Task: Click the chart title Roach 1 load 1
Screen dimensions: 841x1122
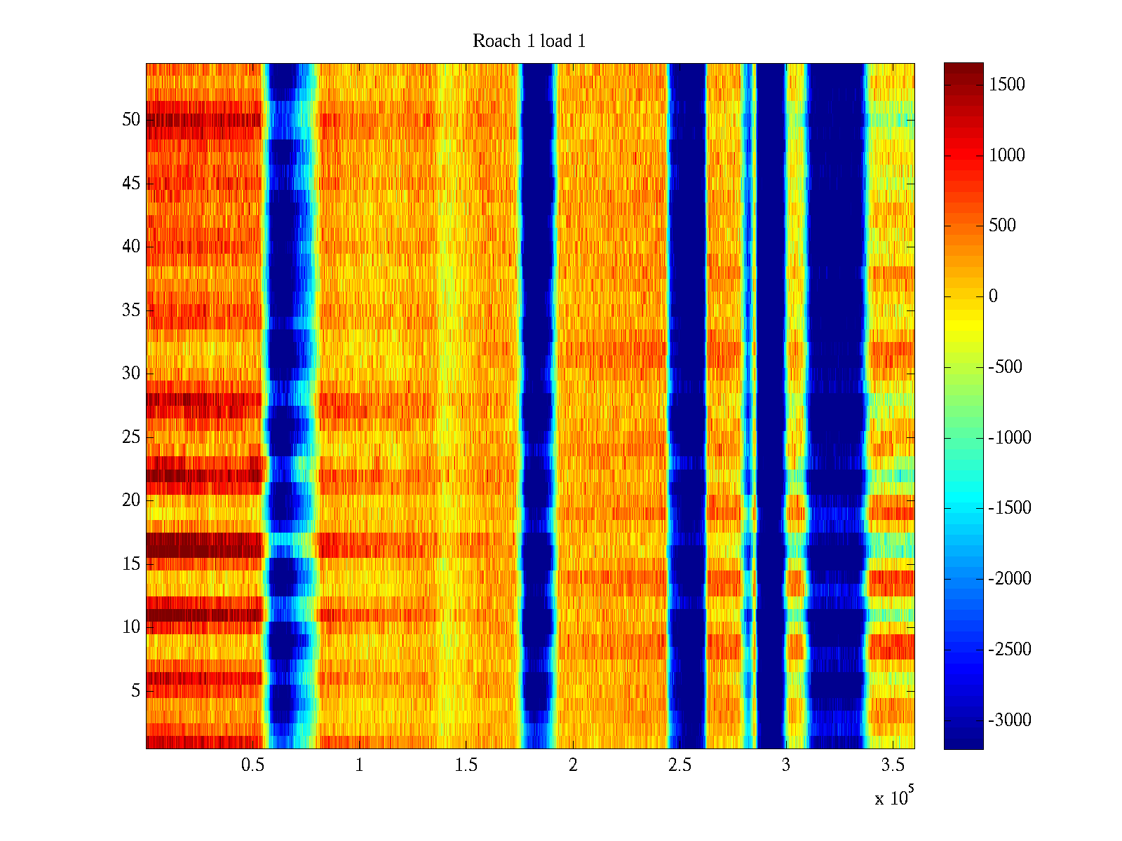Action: pos(529,41)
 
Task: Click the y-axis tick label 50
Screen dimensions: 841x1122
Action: pos(131,120)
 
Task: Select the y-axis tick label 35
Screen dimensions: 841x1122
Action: pos(131,310)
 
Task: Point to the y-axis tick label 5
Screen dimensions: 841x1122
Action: pos(135,691)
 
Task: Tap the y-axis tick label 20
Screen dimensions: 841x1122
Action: pos(131,500)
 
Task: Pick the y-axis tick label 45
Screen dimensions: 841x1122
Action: pos(131,184)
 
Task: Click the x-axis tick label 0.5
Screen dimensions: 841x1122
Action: pos(252,765)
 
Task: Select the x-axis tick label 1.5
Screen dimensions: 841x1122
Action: pos(466,765)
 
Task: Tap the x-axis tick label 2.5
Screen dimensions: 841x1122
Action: pos(679,765)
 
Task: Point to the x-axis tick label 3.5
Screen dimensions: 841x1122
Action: pos(892,765)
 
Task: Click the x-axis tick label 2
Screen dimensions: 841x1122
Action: pos(573,765)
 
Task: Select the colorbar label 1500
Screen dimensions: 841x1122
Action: pos(1007,85)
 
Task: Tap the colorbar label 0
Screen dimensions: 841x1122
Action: pos(993,296)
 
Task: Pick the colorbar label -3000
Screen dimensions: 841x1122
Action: pos(1010,720)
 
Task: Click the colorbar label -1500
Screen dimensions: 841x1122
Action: pos(1010,508)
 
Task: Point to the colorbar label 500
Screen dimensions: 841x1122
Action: pos(1003,226)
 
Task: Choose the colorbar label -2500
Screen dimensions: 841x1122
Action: pos(1010,650)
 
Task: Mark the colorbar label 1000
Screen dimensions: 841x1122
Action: pos(1007,156)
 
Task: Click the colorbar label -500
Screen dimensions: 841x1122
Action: pos(1006,367)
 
